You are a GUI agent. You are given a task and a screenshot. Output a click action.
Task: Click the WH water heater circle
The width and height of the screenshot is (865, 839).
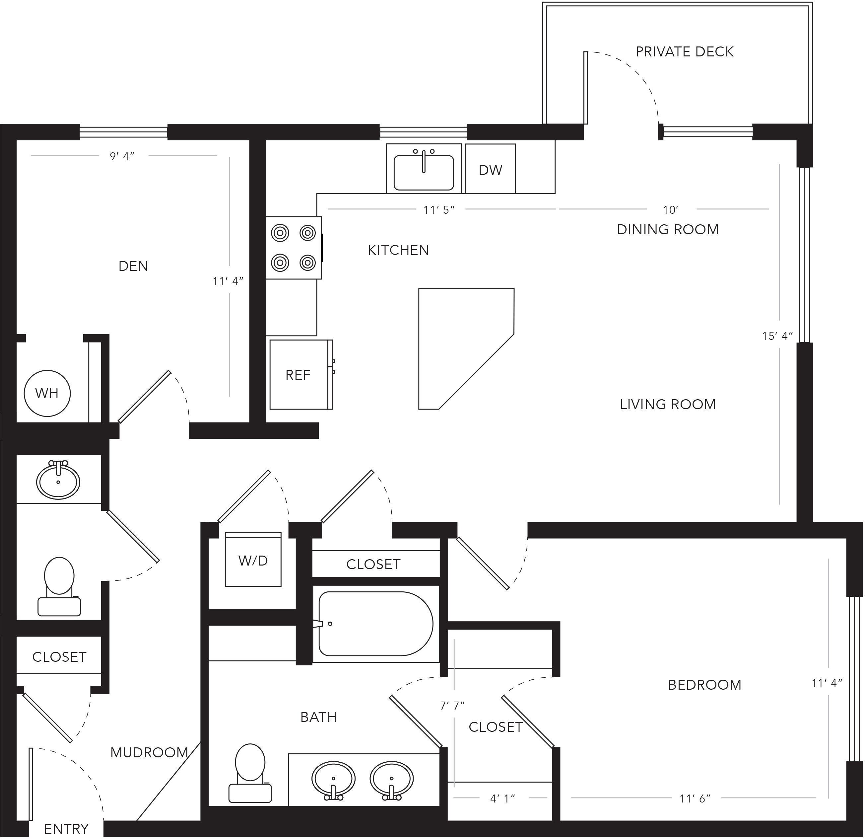point(47,393)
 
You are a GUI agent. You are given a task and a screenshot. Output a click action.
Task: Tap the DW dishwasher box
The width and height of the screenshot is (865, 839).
point(490,169)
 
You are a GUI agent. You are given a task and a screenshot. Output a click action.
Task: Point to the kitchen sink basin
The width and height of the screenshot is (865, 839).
point(424,172)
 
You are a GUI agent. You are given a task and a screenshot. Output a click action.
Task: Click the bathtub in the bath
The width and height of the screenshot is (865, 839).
point(375,624)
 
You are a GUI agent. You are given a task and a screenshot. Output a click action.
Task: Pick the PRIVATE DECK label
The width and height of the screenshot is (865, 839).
point(685,52)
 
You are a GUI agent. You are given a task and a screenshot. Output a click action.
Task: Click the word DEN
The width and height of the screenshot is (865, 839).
point(133,266)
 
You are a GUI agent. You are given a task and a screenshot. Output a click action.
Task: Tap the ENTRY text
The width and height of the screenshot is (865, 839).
point(66,829)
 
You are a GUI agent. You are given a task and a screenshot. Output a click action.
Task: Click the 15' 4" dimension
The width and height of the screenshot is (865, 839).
point(778,336)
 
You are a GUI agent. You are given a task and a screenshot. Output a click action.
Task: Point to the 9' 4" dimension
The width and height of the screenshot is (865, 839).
point(122,156)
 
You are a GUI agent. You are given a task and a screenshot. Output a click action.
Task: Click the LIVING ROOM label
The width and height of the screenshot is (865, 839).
point(668,404)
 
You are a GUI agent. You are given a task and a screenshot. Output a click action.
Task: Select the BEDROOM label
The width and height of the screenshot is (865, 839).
point(705,685)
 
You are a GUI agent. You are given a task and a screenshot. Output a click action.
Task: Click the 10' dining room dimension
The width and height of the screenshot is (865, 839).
point(670,210)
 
